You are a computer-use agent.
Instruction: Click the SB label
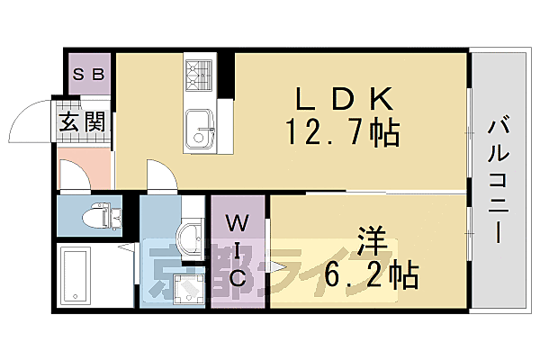88,74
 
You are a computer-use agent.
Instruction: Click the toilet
99,216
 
